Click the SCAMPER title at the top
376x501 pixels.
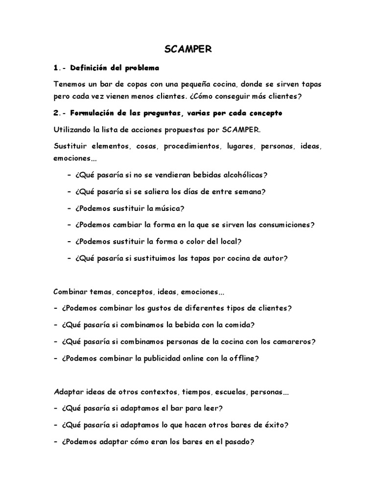click(188, 49)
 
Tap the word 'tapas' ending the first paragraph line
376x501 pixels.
click(310, 84)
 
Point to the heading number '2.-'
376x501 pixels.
click(60, 113)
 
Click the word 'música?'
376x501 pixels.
click(169, 208)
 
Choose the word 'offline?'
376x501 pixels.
click(241, 358)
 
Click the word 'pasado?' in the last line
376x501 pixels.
click(237, 442)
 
